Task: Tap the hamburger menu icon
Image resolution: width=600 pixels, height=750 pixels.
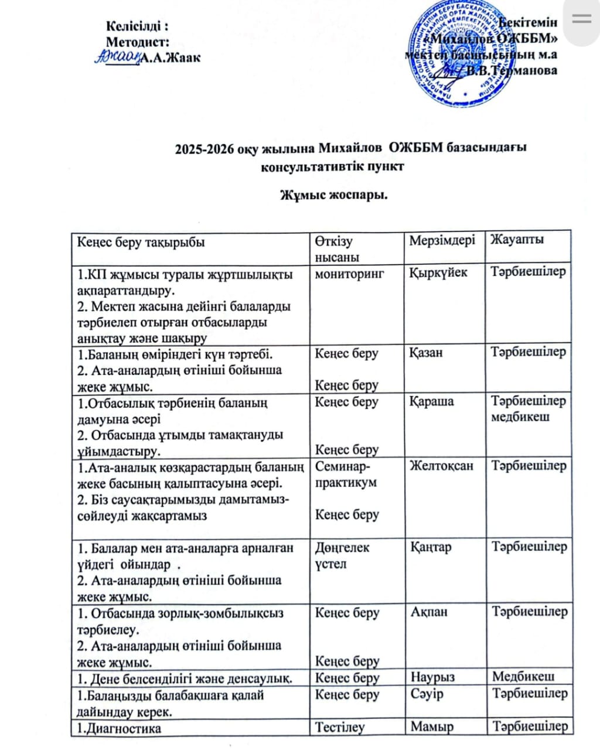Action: pos(581,19)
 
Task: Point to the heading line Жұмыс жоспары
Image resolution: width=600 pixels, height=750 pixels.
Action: pos(333,194)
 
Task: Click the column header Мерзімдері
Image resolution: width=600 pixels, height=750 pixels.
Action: pos(442,240)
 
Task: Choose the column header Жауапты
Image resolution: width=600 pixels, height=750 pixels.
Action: pos(517,240)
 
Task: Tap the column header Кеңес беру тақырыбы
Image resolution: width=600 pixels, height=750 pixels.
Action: pos(141,241)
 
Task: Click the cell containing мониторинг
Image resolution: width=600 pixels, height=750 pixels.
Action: pos(349,273)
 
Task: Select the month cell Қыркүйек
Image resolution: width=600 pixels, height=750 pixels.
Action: pos(438,273)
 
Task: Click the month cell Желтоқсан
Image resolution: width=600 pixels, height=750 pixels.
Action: pos(441,466)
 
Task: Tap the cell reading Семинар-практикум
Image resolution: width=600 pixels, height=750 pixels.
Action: pos(346,475)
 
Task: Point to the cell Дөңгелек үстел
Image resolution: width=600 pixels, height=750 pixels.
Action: pos(342,555)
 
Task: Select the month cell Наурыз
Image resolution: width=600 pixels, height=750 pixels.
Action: pos(432,678)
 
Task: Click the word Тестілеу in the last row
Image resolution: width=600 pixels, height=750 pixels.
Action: pos(340,728)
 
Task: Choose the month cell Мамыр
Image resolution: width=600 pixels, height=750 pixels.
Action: pos(432,728)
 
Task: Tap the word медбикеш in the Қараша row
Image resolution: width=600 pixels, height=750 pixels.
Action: pos(520,418)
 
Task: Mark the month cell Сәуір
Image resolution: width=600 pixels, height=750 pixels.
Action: pos(427,694)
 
